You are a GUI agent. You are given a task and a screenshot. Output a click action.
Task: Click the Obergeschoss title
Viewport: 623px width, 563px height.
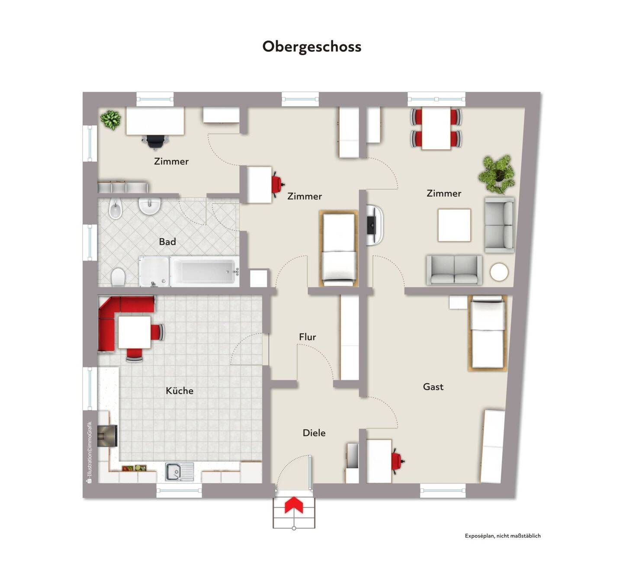pos(311,47)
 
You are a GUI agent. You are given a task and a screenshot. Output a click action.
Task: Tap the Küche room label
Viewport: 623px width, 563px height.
pos(180,391)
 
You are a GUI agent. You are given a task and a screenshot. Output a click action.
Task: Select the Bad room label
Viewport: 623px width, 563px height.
pos(167,241)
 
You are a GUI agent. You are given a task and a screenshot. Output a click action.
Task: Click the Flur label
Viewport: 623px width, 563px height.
pos(308,337)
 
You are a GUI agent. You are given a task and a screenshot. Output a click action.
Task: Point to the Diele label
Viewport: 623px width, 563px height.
pos(314,433)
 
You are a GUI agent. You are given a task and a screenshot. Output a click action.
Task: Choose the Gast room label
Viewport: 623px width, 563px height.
pos(433,386)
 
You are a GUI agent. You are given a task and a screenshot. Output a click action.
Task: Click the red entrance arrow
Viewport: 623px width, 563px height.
pos(294,505)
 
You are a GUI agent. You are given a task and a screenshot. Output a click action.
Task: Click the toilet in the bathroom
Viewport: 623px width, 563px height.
pos(118,277)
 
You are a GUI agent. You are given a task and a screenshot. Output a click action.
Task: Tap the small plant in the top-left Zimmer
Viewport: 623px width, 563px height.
pos(111,119)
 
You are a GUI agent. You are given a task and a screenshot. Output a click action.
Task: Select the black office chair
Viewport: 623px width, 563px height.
pos(155,141)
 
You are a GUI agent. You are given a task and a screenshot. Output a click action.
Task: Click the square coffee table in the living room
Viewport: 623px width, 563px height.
pos(454,225)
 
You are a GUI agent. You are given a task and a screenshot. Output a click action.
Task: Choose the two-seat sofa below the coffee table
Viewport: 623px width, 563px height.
pos(454,270)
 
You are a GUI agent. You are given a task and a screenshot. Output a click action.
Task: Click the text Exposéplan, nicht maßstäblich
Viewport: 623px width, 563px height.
pos(503,536)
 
